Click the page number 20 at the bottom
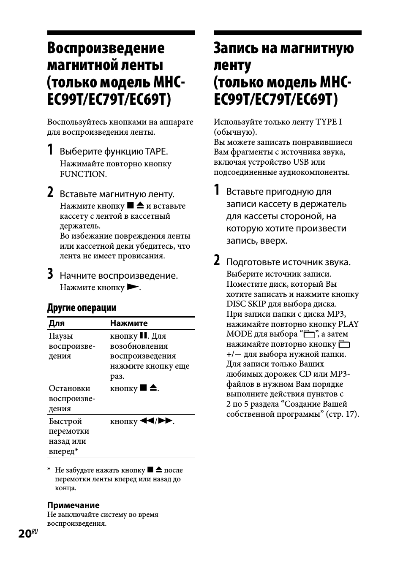tap(25, 534)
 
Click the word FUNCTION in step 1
tap(82, 174)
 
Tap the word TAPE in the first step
tap(156, 152)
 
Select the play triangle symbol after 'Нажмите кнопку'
tap(133, 287)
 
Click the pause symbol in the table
tap(143, 336)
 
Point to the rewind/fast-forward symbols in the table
tap(156, 421)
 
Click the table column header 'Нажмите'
tap(129, 323)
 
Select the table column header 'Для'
tap(57, 323)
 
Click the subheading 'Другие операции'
tap(82, 307)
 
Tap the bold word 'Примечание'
tap(74, 505)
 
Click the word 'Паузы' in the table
tap(61, 336)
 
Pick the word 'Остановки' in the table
tap(69, 388)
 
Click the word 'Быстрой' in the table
tap(65, 421)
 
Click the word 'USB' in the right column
tap(301, 162)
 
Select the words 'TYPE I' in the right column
tap(329, 122)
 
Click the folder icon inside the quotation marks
tap(309, 335)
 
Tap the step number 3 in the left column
tap(50, 274)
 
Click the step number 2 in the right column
tap(217, 261)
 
